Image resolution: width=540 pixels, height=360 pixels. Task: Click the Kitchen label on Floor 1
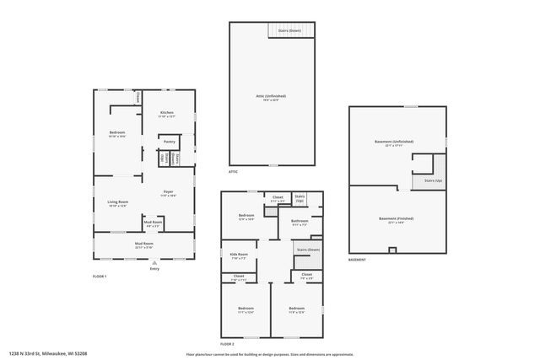click(x=167, y=114)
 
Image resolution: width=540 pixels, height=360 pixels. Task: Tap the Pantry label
click(x=170, y=142)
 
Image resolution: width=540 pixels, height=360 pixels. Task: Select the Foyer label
click(x=169, y=193)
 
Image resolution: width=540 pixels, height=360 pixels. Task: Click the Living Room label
click(x=117, y=202)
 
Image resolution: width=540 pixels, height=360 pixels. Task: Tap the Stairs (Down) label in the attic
click(x=289, y=30)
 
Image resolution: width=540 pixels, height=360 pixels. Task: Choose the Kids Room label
click(x=239, y=255)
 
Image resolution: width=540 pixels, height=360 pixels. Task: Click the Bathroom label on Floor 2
click(x=300, y=222)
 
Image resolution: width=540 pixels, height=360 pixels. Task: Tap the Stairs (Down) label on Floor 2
click(x=308, y=250)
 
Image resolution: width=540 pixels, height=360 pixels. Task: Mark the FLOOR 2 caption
click(x=227, y=343)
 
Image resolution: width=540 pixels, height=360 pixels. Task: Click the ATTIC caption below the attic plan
click(x=233, y=171)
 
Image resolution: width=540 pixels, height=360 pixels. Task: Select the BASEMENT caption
click(x=357, y=260)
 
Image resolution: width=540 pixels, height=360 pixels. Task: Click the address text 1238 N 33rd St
click(x=48, y=353)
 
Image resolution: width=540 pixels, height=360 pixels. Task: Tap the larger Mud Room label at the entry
click(x=143, y=244)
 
